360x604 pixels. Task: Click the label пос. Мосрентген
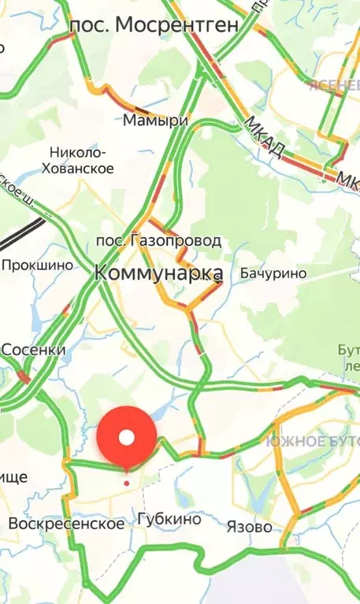[x=154, y=26]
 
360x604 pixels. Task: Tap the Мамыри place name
[x=156, y=120]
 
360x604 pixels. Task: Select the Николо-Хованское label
[x=80, y=160]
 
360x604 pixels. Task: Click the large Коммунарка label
[x=158, y=273]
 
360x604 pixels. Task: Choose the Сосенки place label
[x=33, y=349]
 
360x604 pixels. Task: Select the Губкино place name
[x=169, y=520]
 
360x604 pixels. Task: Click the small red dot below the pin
[x=127, y=482]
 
